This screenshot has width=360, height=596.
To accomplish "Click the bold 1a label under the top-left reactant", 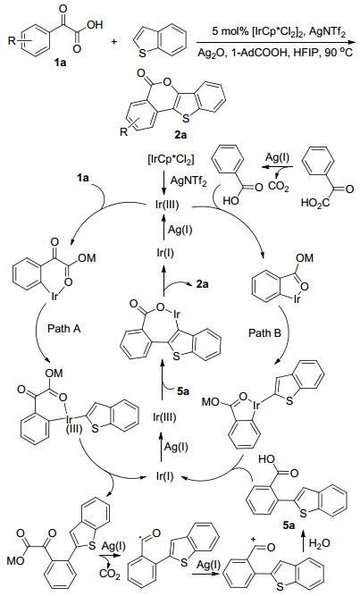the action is click(x=60, y=63).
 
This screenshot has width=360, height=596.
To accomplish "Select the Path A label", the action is click(x=63, y=329).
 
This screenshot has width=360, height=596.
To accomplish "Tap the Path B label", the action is click(x=265, y=333).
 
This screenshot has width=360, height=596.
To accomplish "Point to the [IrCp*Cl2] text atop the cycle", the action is click(x=169, y=161).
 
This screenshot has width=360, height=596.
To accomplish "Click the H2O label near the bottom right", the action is click(x=319, y=543).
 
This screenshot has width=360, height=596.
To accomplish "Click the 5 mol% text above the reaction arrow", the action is click(x=227, y=33).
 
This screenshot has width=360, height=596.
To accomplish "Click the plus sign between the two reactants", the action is click(x=113, y=41).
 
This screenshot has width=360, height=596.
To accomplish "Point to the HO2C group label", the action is click(x=314, y=203).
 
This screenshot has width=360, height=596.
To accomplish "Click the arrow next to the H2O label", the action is click(x=304, y=544).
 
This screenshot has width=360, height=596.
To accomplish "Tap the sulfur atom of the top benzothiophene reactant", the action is click(x=143, y=55).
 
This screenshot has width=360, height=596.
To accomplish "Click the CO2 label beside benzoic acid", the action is click(x=280, y=188).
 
